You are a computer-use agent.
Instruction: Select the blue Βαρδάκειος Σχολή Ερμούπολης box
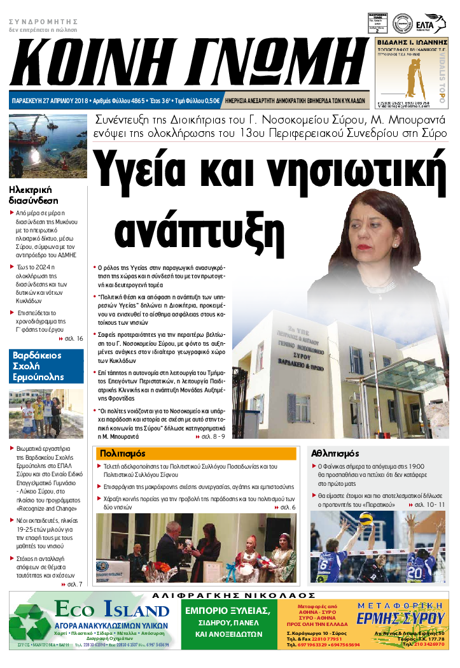[46, 366]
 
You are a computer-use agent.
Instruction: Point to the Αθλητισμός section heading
[335, 454]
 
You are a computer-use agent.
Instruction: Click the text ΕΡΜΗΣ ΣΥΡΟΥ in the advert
[410, 619]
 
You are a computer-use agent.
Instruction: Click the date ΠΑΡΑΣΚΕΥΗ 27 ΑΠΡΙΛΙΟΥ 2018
[50, 101]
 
